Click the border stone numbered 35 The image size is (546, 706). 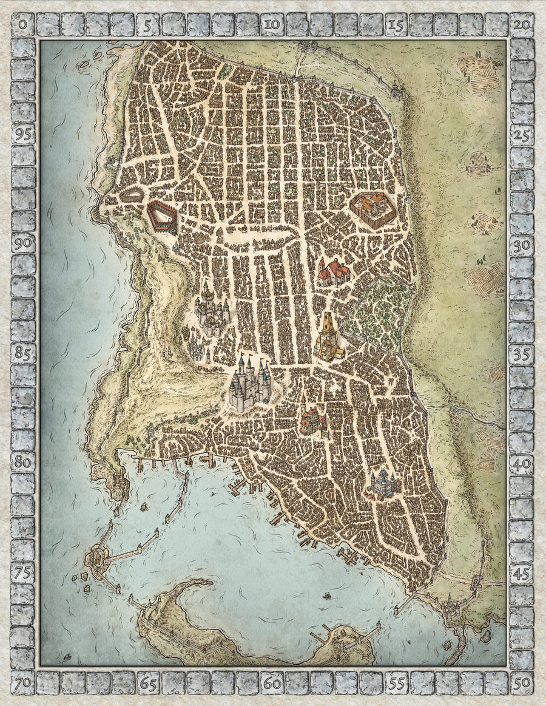[x=521, y=355]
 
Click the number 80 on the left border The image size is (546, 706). [x=23, y=461]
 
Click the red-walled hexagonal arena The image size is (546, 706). [x=162, y=218]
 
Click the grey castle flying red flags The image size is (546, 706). [x=250, y=384]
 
